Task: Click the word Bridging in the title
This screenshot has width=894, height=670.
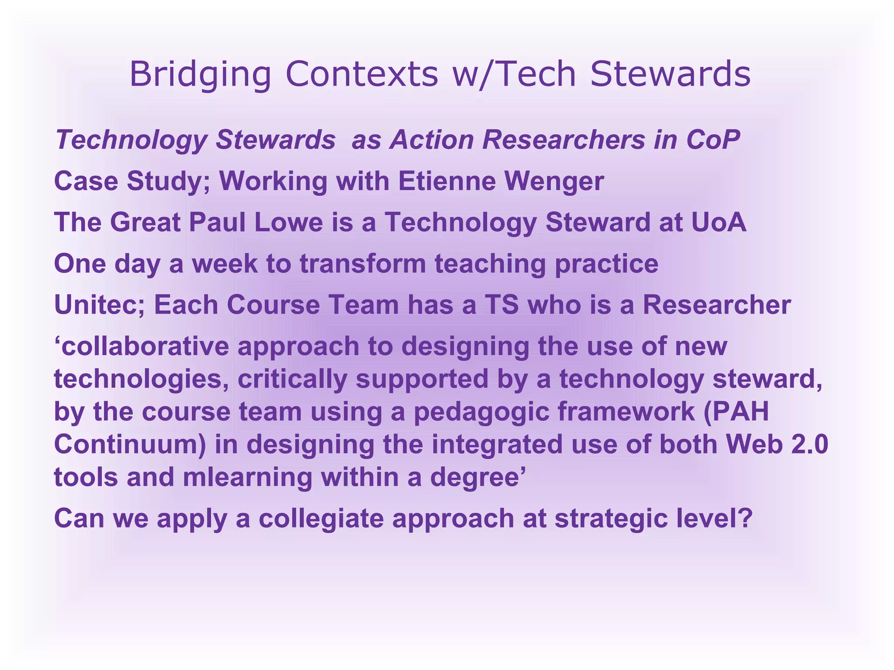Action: tap(200, 74)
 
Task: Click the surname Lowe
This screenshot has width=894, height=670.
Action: tap(289, 222)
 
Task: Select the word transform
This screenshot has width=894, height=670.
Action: tap(363, 263)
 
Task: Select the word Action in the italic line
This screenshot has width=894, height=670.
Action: tap(432, 140)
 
